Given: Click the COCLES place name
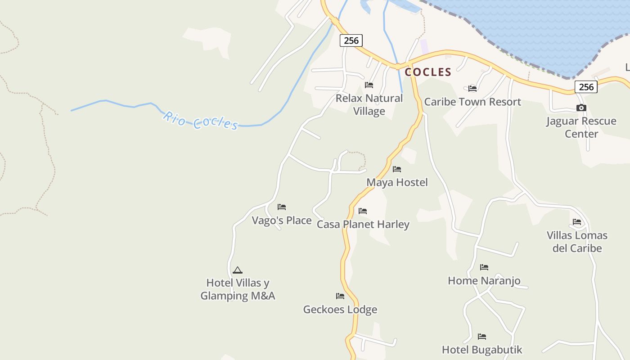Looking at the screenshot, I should [x=428, y=72].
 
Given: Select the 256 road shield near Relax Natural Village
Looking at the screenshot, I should [x=351, y=40].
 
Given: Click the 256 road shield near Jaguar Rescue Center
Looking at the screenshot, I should [x=586, y=87].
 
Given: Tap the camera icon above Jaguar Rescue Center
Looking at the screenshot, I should [x=581, y=108].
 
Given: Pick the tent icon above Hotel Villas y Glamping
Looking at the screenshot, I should [x=238, y=270].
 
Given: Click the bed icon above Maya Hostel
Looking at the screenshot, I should [x=397, y=169].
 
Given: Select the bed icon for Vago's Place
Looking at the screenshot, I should [x=282, y=207].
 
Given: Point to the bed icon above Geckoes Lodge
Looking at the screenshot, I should [x=340, y=296].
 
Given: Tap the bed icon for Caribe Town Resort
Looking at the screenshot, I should [x=472, y=89].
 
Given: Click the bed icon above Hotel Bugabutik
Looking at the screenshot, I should [x=482, y=337].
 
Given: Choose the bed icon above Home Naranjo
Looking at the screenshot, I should [x=484, y=267].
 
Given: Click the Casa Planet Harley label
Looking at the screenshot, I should [x=363, y=224].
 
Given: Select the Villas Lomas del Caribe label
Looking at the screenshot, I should [x=577, y=242].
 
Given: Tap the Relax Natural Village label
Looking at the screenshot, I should [x=369, y=104].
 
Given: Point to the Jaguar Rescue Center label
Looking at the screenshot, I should [x=581, y=127].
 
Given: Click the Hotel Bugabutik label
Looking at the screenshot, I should [x=482, y=350].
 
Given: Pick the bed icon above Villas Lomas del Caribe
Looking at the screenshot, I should [x=577, y=222].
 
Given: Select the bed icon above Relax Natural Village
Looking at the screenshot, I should [x=369, y=85].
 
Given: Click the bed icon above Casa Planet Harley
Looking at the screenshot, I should [x=363, y=211].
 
